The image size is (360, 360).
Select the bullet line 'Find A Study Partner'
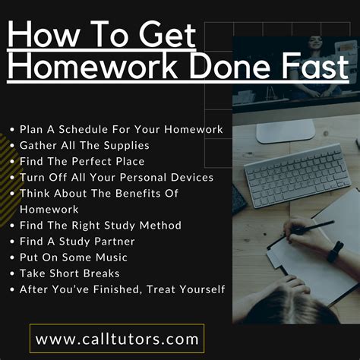(79, 241)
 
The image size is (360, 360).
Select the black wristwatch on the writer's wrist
(335, 251)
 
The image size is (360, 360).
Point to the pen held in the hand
(308, 227)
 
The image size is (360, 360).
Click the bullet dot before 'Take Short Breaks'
(11, 273)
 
